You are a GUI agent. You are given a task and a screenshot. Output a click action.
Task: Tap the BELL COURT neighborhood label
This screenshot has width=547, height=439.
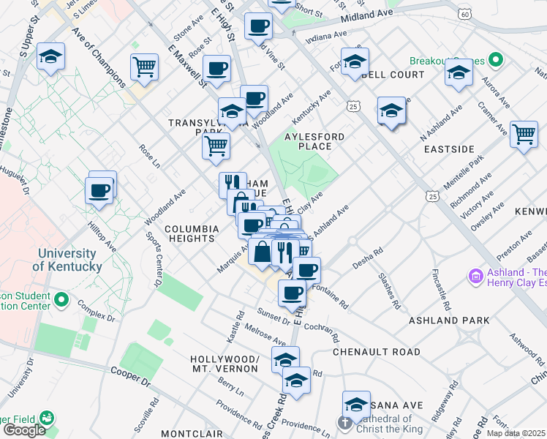click(x=393, y=75)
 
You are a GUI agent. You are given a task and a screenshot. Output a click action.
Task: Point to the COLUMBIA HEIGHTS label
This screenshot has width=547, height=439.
click(x=192, y=234)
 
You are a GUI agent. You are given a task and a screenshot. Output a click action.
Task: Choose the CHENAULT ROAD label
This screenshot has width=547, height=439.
click(x=377, y=352)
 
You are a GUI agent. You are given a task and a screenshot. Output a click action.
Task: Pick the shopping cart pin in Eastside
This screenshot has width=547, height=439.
click(x=524, y=135)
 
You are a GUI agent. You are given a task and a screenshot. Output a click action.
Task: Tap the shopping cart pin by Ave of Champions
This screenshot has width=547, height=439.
click(x=144, y=67)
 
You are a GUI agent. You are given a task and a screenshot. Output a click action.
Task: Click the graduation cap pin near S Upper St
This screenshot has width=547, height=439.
click(x=50, y=56)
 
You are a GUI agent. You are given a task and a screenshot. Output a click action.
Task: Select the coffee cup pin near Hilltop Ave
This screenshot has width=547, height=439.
click(x=99, y=191)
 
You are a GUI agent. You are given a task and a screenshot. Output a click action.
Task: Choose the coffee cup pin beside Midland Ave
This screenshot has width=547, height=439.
click(x=258, y=27)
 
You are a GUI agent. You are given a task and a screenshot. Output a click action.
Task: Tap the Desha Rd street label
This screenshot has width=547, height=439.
click(x=368, y=262)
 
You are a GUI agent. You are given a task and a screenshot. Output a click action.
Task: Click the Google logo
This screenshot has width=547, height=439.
click(x=24, y=429)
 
